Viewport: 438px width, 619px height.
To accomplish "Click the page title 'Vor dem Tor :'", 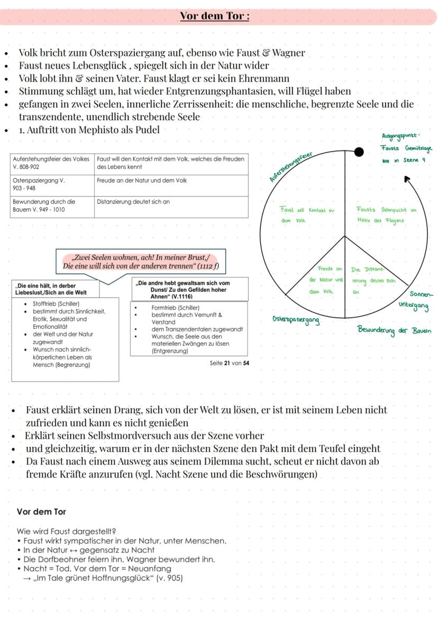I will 214,15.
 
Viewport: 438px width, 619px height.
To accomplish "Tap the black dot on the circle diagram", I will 359,152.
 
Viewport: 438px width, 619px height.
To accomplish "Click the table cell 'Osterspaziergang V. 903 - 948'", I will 52,184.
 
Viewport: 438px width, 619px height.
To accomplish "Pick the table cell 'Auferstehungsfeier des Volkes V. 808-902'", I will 52,163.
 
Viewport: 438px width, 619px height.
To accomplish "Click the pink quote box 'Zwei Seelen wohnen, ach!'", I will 141,262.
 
